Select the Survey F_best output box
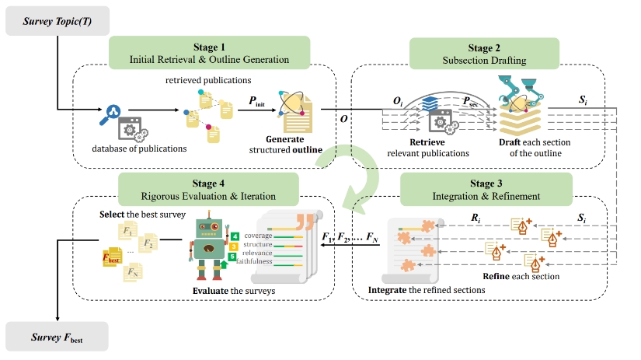pyautogui.click(x=57, y=339)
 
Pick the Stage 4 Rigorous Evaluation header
pyautogui.click(x=208, y=189)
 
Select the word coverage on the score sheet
pyautogui.click(x=258, y=235)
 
